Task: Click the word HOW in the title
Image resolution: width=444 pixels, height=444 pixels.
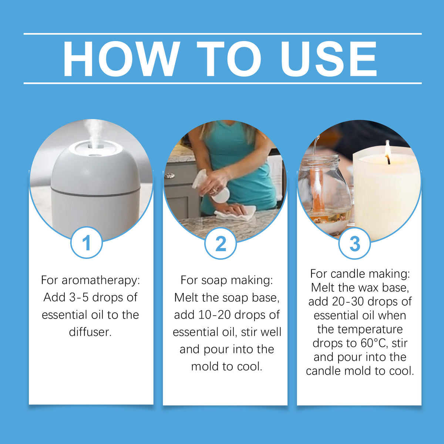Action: coord(121,58)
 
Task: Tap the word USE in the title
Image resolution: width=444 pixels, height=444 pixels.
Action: coord(329,58)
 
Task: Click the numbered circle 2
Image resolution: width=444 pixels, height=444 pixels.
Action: coord(221,243)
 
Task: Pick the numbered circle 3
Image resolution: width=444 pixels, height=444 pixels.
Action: coord(354,243)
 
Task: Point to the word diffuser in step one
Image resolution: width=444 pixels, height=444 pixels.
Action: coord(90,332)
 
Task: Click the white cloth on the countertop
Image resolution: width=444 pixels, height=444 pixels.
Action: coord(235,212)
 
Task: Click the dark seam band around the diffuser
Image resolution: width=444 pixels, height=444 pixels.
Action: coord(95,193)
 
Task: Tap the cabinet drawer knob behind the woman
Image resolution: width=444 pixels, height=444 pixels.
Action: coord(171,176)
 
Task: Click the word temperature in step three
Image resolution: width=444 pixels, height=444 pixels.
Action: coord(360,329)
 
